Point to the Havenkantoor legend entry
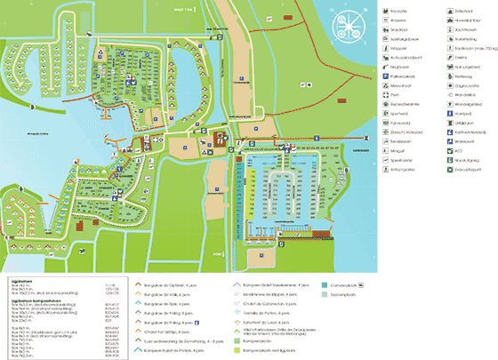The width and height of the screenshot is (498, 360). [470, 20]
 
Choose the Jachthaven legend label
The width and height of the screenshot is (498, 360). [467, 30]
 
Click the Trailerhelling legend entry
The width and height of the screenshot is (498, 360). [469, 41]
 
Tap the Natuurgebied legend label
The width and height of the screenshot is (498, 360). [469, 72]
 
